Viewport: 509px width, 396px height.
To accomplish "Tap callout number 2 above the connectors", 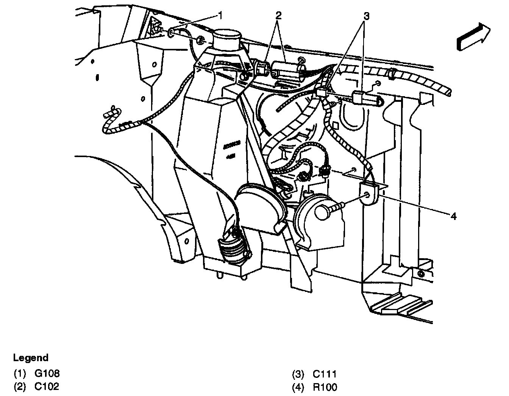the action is point(279,16).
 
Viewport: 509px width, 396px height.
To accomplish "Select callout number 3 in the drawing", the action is point(366,16).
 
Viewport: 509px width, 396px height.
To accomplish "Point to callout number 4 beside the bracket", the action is point(453,216).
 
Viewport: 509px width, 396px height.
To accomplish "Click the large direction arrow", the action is point(473,36).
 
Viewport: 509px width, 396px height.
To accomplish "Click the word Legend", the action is point(31,358).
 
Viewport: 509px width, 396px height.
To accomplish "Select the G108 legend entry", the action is point(47,374).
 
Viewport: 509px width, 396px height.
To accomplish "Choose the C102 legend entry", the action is point(47,387).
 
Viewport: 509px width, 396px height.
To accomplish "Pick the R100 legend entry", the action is point(325,387).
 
